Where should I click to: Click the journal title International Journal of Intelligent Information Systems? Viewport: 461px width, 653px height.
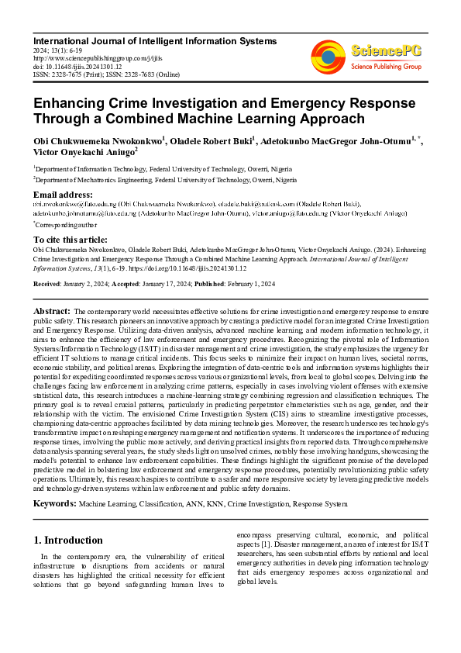click(154, 40)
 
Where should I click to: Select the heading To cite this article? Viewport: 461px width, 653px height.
click(71, 240)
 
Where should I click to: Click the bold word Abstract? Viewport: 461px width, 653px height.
click(52, 310)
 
